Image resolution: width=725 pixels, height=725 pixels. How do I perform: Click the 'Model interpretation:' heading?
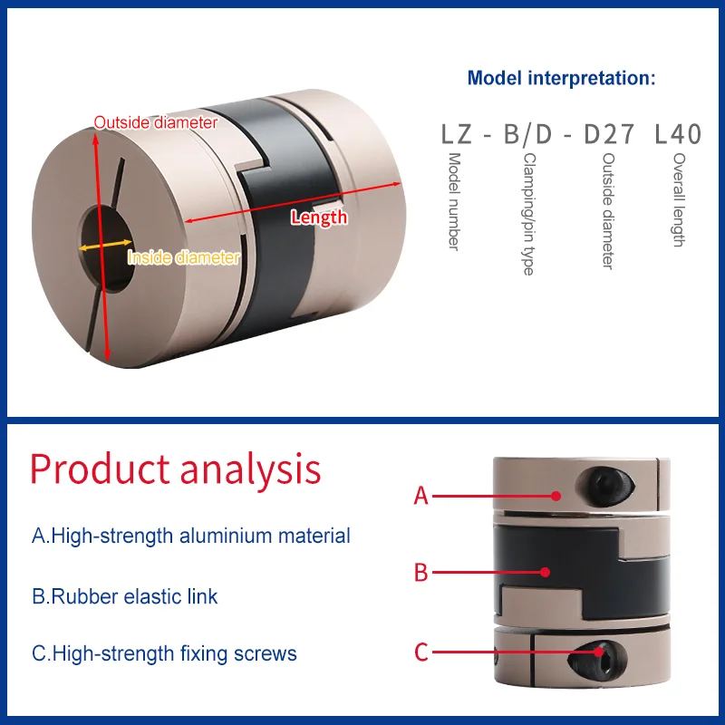click(x=561, y=78)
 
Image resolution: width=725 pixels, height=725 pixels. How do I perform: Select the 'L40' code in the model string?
click(x=678, y=135)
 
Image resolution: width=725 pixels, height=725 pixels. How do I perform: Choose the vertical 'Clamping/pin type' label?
click(x=527, y=213)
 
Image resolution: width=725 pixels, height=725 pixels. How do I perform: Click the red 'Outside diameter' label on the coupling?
click(x=156, y=122)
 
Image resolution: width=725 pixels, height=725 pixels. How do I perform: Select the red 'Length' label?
click(x=319, y=217)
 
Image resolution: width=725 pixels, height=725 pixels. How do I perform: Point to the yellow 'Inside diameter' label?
click(x=184, y=257)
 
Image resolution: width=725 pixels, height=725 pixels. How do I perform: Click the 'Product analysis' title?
click(x=176, y=469)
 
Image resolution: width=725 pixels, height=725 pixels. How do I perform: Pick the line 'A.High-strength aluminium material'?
click(x=191, y=536)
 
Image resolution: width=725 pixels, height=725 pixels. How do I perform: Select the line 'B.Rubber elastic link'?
click(x=125, y=596)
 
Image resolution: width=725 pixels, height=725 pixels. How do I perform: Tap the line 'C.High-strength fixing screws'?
click(x=164, y=653)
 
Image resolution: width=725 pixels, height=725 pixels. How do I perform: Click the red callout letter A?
click(x=420, y=496)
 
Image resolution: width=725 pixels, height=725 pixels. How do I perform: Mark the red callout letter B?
click(x=420, y=573)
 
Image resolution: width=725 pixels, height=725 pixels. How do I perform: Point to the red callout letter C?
click(x=420, y=652)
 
